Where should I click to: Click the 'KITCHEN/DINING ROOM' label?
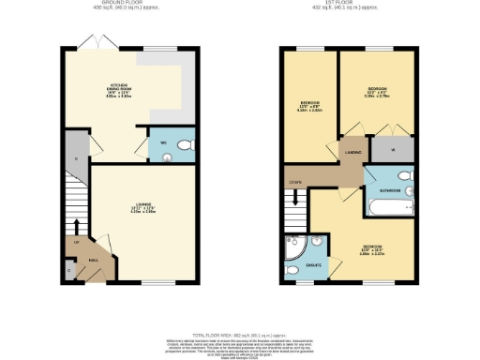pos(117,85)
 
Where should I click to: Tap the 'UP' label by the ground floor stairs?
pos(76,243)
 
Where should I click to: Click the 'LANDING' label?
pos(352,151)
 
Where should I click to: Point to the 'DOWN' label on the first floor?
pos(294,181)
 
